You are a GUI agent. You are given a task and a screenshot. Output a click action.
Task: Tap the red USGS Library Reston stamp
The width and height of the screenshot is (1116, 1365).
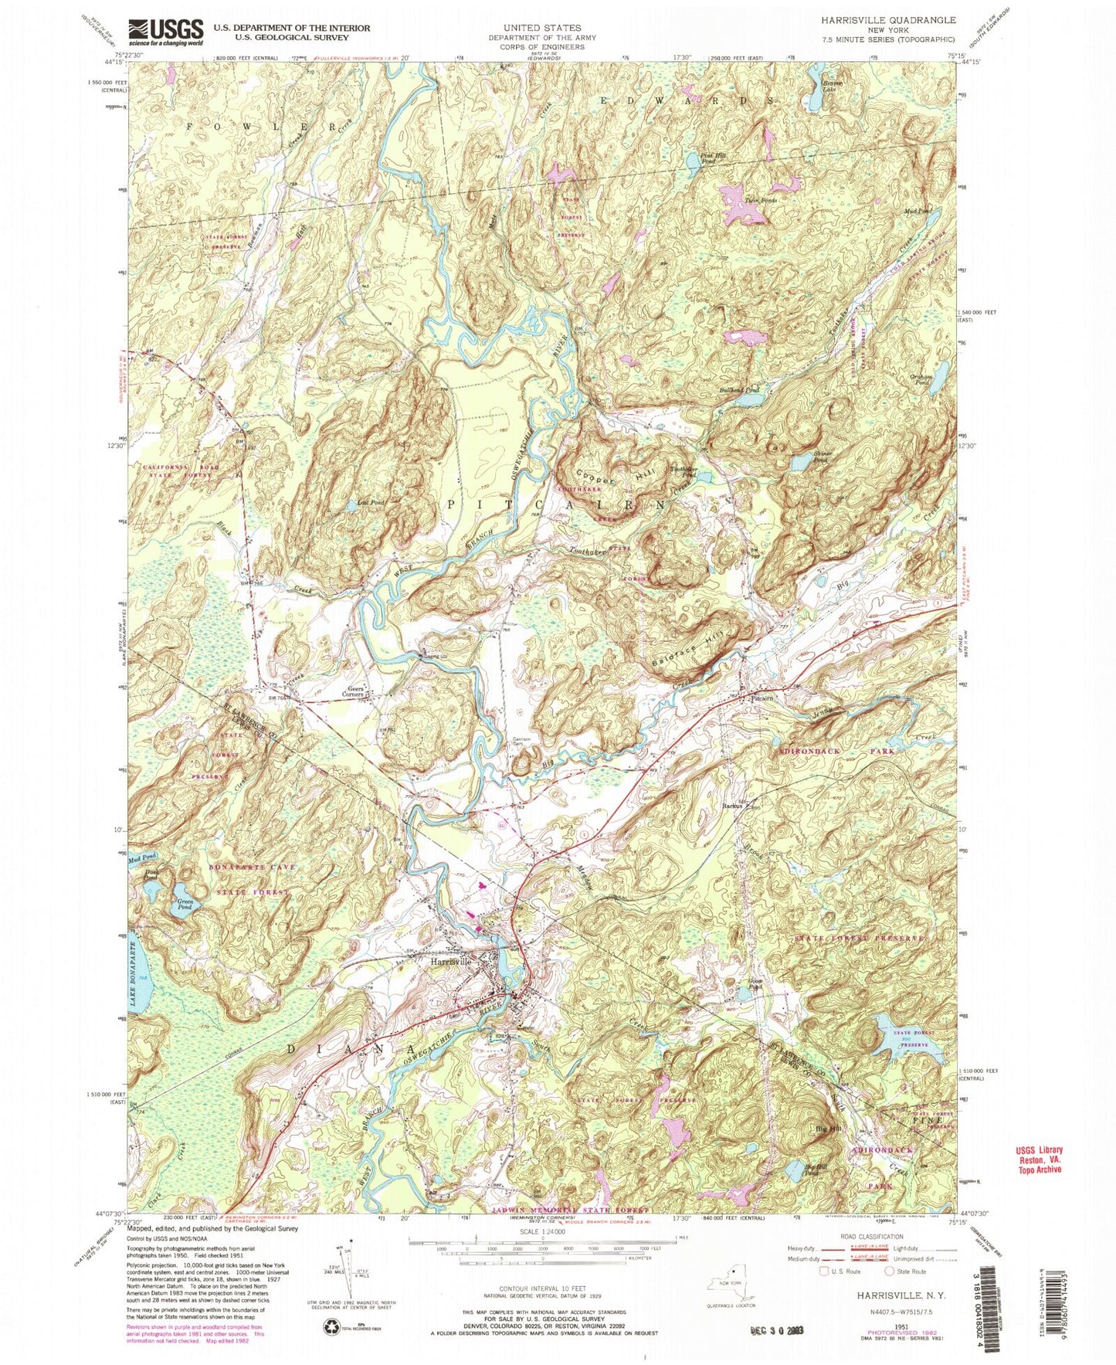tap(1039, 1159)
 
